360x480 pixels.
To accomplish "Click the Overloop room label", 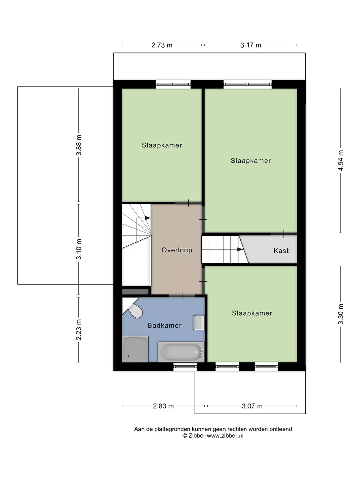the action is pyautogui.click(x=177, y=250).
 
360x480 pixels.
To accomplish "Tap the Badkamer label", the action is pyautogui.click(x=165, y=325).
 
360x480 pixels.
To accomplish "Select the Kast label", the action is pyautogui.click(x=281, y=250).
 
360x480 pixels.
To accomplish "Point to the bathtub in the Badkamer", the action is pyautogui.click(x=181, y=352).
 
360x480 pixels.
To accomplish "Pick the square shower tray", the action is pyautogui.click(x=135, y=349).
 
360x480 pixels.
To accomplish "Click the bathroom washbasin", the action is pyautogui.click(x=199, y=322).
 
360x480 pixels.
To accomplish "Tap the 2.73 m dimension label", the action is pyautogui.click(x=162, y=45).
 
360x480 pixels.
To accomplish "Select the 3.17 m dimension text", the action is pyautogui.click(x=251, y=45).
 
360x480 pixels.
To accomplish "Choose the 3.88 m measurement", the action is pyautogui.click(x=79, y=145).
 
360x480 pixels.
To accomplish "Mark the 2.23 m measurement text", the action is pyautogui.click(x=79, y=330).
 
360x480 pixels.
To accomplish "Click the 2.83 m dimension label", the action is pyautogui.click(x=163, y=406).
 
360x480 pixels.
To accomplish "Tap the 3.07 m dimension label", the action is pyautogui.click(x=252, y=406).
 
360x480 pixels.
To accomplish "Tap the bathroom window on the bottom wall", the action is pyautogui.click(x=185, y=367).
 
